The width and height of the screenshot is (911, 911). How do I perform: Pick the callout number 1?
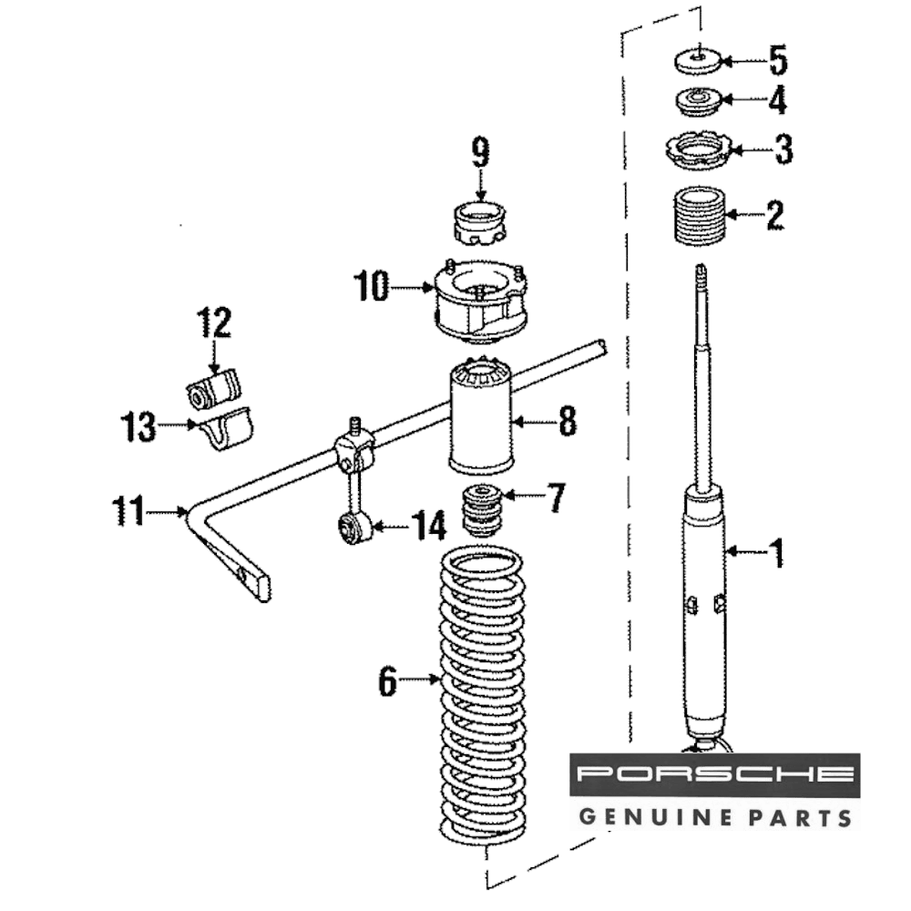coord(777,552)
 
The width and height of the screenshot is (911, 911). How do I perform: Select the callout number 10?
coord(373,289)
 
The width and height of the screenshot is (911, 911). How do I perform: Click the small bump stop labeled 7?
coord(482,512)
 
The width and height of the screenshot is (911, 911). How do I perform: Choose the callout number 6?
coord(389,681)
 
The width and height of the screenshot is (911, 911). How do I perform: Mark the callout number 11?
coord(128,511)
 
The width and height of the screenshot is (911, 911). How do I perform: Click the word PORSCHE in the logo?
coord(714,776)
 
